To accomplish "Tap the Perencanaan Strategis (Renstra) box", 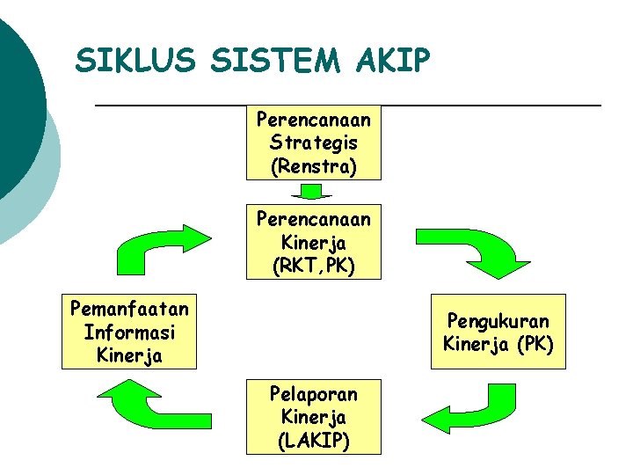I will tap(313, 142).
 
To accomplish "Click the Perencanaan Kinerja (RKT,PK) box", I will tap(313, 242).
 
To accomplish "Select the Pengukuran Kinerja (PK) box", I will tap(498, 332).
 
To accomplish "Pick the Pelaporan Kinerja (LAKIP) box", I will tap(313, 416).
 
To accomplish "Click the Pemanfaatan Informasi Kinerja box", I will tap(129, 332).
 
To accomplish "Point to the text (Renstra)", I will tap(313, 166).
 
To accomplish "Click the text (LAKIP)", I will tap(313, 440).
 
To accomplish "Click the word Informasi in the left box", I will tap(129, 332).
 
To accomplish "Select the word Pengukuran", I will tap(498, 321).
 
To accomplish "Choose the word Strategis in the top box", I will tap(313, 142).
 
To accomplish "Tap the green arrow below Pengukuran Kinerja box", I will tap(462, 408).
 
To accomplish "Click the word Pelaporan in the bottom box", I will tap(313, 393).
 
